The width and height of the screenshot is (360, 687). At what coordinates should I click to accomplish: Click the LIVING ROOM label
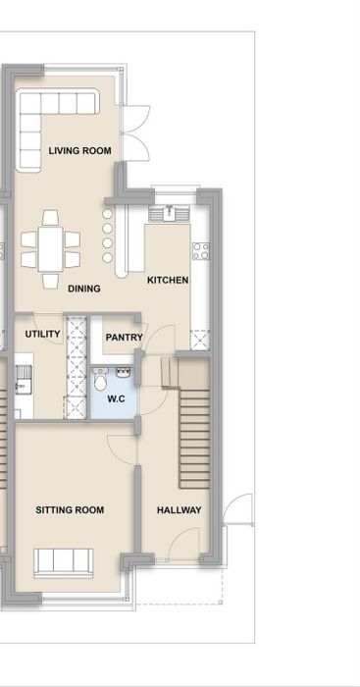(x=79, y=151)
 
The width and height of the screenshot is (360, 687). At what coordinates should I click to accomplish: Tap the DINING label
(x=84, y=289)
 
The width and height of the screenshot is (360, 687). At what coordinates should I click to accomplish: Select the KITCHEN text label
(x=168, y=280)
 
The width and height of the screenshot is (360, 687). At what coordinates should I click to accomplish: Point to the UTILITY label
(x=42, y=334)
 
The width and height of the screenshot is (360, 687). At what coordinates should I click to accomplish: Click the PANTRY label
(x=125, y=338)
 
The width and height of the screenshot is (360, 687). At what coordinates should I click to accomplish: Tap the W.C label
(x=116, y=399)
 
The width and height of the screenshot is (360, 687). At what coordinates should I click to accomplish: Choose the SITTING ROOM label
(x=70, y=510)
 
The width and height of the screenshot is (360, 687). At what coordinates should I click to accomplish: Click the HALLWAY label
(x=180, y=510)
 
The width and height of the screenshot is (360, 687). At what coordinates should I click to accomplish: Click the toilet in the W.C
(x=100, y=380)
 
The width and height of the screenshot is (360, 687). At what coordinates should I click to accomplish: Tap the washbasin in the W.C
(x=123, y=373)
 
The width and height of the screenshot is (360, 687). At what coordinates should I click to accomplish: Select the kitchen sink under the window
(x=169, y=214)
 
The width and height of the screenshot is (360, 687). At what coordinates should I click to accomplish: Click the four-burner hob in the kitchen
(x=200, y=251)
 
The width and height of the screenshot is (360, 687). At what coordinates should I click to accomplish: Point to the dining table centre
(x=50, y=249)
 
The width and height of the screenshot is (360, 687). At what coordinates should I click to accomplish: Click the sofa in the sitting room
(x=64, y=562)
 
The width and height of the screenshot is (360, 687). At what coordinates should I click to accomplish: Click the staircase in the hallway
(x=194, y=438)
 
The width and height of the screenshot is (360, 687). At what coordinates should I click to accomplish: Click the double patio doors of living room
(x=135, y=132)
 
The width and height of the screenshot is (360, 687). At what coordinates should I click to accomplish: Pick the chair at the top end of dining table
(x=50, y=217)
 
